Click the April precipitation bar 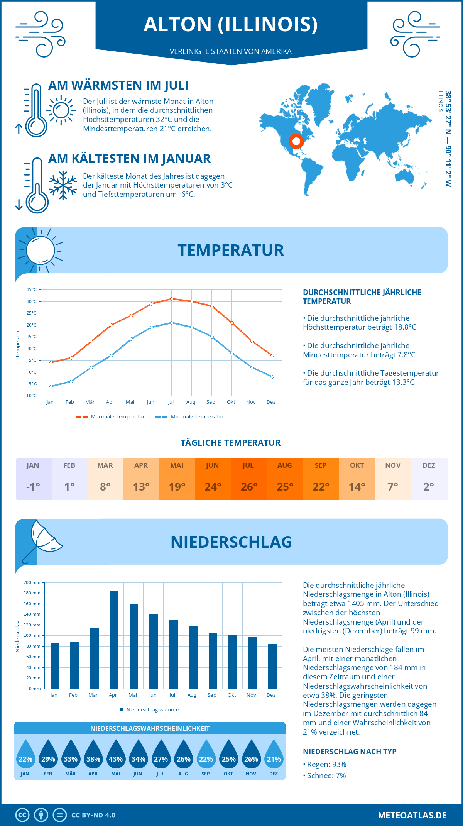[x=114, y=640]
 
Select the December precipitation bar [x=272, y=666]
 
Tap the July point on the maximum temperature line [x=172, y=299]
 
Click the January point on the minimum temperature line [x=51, y=386]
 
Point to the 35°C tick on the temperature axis [x=32, y=289]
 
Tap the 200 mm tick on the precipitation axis [x=32, y=582]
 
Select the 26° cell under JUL [x=249, y=487]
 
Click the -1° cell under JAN [x=33, y=487]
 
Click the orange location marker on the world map [x=296, y=141]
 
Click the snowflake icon [x=63, y=185]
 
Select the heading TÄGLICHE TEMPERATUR [x=230, y=443]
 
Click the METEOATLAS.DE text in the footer [x=412, y=815]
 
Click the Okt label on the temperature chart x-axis [x=231, y=402]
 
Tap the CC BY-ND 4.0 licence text [x=93, y=815]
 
